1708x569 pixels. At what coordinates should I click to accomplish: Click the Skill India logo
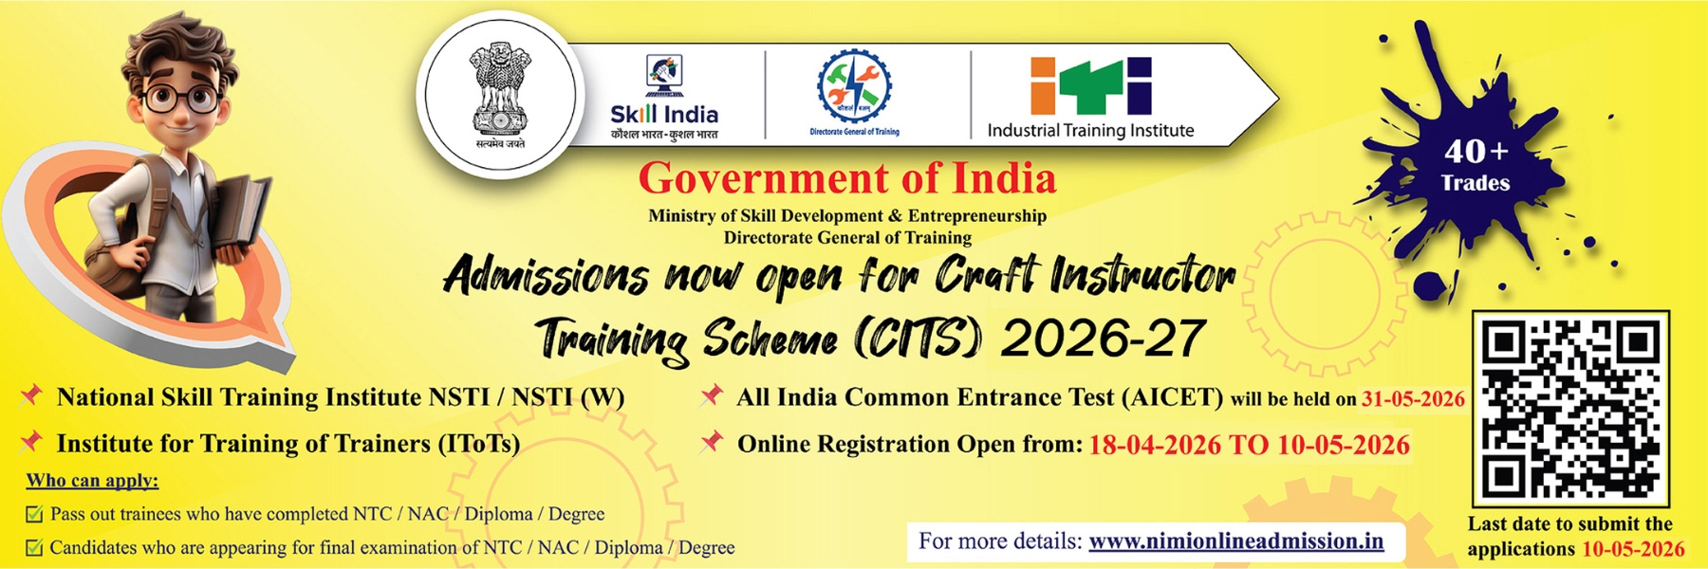point(664,98)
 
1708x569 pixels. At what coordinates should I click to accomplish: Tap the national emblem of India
point(499,94)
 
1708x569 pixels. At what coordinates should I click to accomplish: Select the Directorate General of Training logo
point(854,92)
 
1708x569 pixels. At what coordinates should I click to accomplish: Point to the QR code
point(1570,409)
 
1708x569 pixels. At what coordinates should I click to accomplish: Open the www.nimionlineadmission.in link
point(1235,541)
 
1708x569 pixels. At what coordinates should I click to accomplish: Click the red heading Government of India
point(846,179)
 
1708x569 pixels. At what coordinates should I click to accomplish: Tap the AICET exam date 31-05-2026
point(1413,399)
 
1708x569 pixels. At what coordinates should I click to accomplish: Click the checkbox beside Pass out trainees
point(34,514)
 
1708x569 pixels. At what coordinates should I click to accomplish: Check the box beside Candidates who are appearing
point(34,547)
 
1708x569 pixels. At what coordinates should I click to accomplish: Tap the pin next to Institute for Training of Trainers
point(32,441)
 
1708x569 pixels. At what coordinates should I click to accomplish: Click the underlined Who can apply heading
point(92,481)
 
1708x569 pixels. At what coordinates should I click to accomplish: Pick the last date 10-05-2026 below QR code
point(1632,549)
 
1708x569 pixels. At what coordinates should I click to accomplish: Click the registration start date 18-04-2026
point(1154,445)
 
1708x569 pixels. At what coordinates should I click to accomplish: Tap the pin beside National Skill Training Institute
point(32,395)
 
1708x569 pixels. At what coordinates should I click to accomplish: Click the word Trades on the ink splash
point(1475,183)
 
